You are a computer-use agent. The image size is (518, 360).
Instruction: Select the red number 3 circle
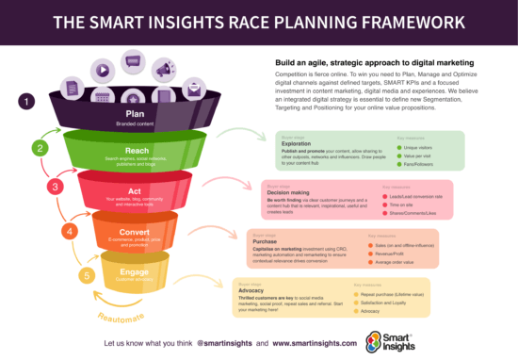click(55, 187)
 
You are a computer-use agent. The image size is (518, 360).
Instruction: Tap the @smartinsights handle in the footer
click(221, 337)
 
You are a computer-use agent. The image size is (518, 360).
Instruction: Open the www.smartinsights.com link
click(303, 337)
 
